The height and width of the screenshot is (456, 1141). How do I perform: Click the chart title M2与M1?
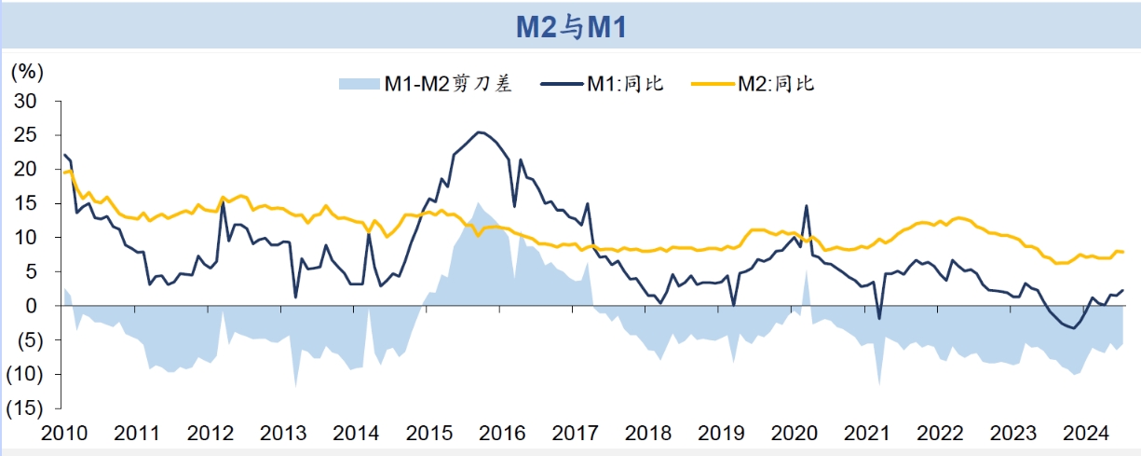pos(570,26)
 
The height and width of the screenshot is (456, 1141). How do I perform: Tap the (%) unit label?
pos(27,71)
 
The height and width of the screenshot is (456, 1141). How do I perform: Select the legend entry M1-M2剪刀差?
pos(447,84)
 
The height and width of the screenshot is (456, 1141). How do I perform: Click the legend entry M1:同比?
pos(624,84)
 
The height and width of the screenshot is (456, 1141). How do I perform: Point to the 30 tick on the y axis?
pos(25,101)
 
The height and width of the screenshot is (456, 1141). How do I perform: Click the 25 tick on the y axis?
pos(25,135)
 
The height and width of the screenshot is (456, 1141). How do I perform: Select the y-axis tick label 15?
pos(25,203)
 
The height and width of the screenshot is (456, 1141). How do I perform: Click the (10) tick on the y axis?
pos(22,374)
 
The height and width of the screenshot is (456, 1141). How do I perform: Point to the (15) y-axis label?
pos(22,408)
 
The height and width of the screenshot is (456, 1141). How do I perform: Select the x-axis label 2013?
pos(282,434)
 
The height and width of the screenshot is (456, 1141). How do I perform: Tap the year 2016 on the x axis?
pos(502,434)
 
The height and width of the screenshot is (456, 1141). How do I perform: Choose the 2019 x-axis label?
pos(721,434)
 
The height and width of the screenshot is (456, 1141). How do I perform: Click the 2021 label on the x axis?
pos(867,434)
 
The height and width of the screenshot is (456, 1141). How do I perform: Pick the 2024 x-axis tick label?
pos(1085,434)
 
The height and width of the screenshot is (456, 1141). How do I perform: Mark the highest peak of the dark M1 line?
pos(480,132)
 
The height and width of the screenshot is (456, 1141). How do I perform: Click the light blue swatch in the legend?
pos(358,84)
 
